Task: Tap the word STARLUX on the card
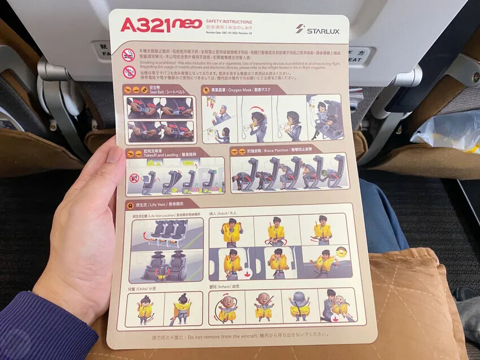click(x=323, y=31)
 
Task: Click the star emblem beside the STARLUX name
click(x=299, y=29)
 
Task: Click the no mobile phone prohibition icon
click(x=129, y=72)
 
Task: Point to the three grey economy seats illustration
click(x=167, y=232)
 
